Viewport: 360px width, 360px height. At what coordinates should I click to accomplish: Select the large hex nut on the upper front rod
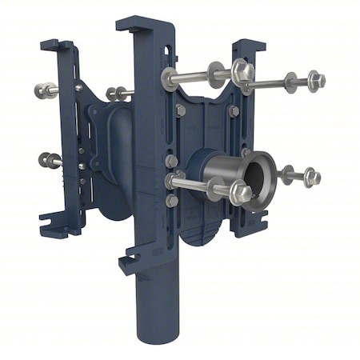click(x=242, y=72)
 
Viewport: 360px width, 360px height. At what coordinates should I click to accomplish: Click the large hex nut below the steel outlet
click(x=239, y=192)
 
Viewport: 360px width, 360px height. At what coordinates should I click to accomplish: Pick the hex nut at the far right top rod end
click(x=316, y=80)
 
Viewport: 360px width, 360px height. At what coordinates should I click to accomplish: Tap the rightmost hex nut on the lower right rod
click(x=311, y=177)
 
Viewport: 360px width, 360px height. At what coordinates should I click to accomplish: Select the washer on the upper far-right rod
click(x=290, y=82)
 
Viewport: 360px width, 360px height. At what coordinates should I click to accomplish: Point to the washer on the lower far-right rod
click(x=286, y=174)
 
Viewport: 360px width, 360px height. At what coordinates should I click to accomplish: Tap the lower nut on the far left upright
click(x=47, y=160)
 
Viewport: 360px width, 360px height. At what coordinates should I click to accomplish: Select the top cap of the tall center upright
click(x=144, y=23)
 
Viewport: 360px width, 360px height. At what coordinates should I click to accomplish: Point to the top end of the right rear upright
click(x=249, y=46)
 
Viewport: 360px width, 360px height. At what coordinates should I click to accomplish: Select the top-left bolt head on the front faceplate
click(x=180, y=111)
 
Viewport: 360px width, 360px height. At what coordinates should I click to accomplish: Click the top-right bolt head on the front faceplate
click(x=234, y=111)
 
